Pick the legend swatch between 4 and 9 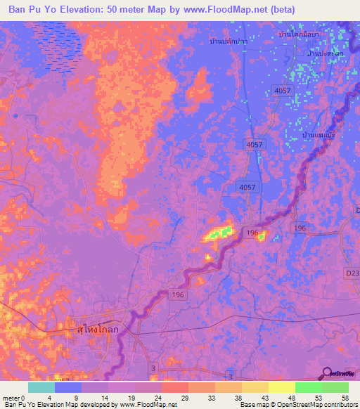(x=68, y=387)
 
